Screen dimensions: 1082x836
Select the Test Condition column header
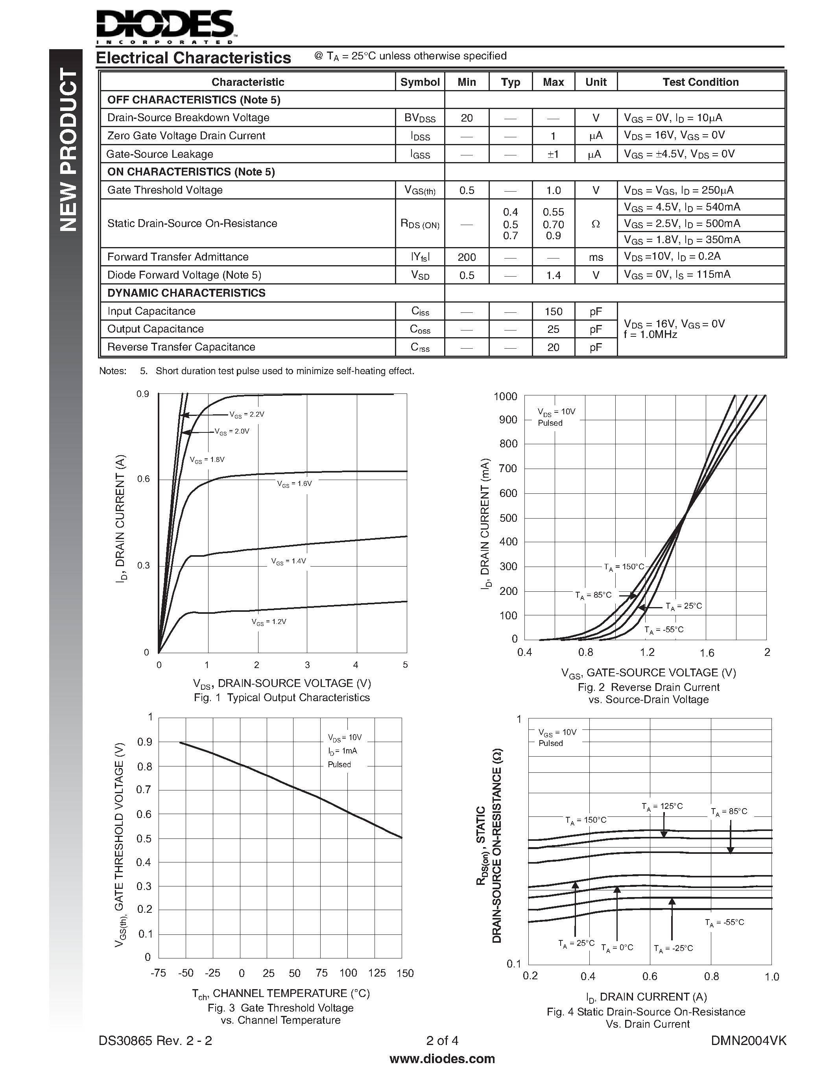point(700,82)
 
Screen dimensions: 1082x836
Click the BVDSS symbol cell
point(419,118)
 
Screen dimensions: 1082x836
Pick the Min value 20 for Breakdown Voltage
point(467,118)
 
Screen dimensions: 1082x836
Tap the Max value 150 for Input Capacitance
point(553,312)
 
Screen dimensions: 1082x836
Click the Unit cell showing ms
point(596,257)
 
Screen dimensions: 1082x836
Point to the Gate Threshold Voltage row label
point(165,190)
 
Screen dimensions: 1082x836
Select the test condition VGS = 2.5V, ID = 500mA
point(682,223)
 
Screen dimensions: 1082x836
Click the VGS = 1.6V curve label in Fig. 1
point(294,484)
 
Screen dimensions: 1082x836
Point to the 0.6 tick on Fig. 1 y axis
point(144,479)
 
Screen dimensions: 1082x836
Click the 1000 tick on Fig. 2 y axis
point(505,396)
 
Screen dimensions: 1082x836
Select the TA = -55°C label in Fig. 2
point(664,630)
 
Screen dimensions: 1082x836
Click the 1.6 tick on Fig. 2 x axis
point(707,653)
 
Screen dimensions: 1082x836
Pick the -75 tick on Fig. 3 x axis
point(158,973)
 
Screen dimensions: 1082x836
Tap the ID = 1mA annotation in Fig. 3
point(342,751)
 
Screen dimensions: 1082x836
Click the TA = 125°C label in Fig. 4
point(662,807)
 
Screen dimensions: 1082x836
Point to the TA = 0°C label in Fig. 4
point(617,948)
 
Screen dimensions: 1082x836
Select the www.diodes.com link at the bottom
point(442,1059)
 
